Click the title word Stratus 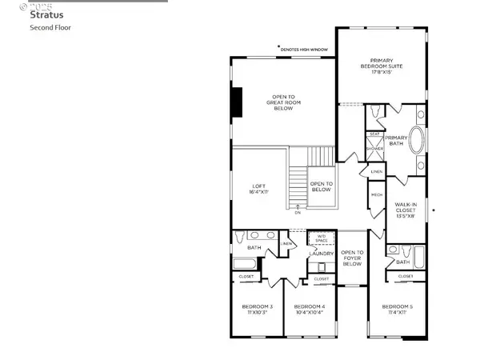(x=47, y=14)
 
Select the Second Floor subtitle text (x=51, y=28)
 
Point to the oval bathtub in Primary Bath (x=418, y=140)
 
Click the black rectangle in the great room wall (x=237, y=102)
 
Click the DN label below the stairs (x=298, y=213)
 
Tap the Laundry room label (x=321, y=254)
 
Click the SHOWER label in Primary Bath (x=374, y=149)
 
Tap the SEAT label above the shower (x=374, y=134)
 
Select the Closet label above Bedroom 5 (x=406, y=276)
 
